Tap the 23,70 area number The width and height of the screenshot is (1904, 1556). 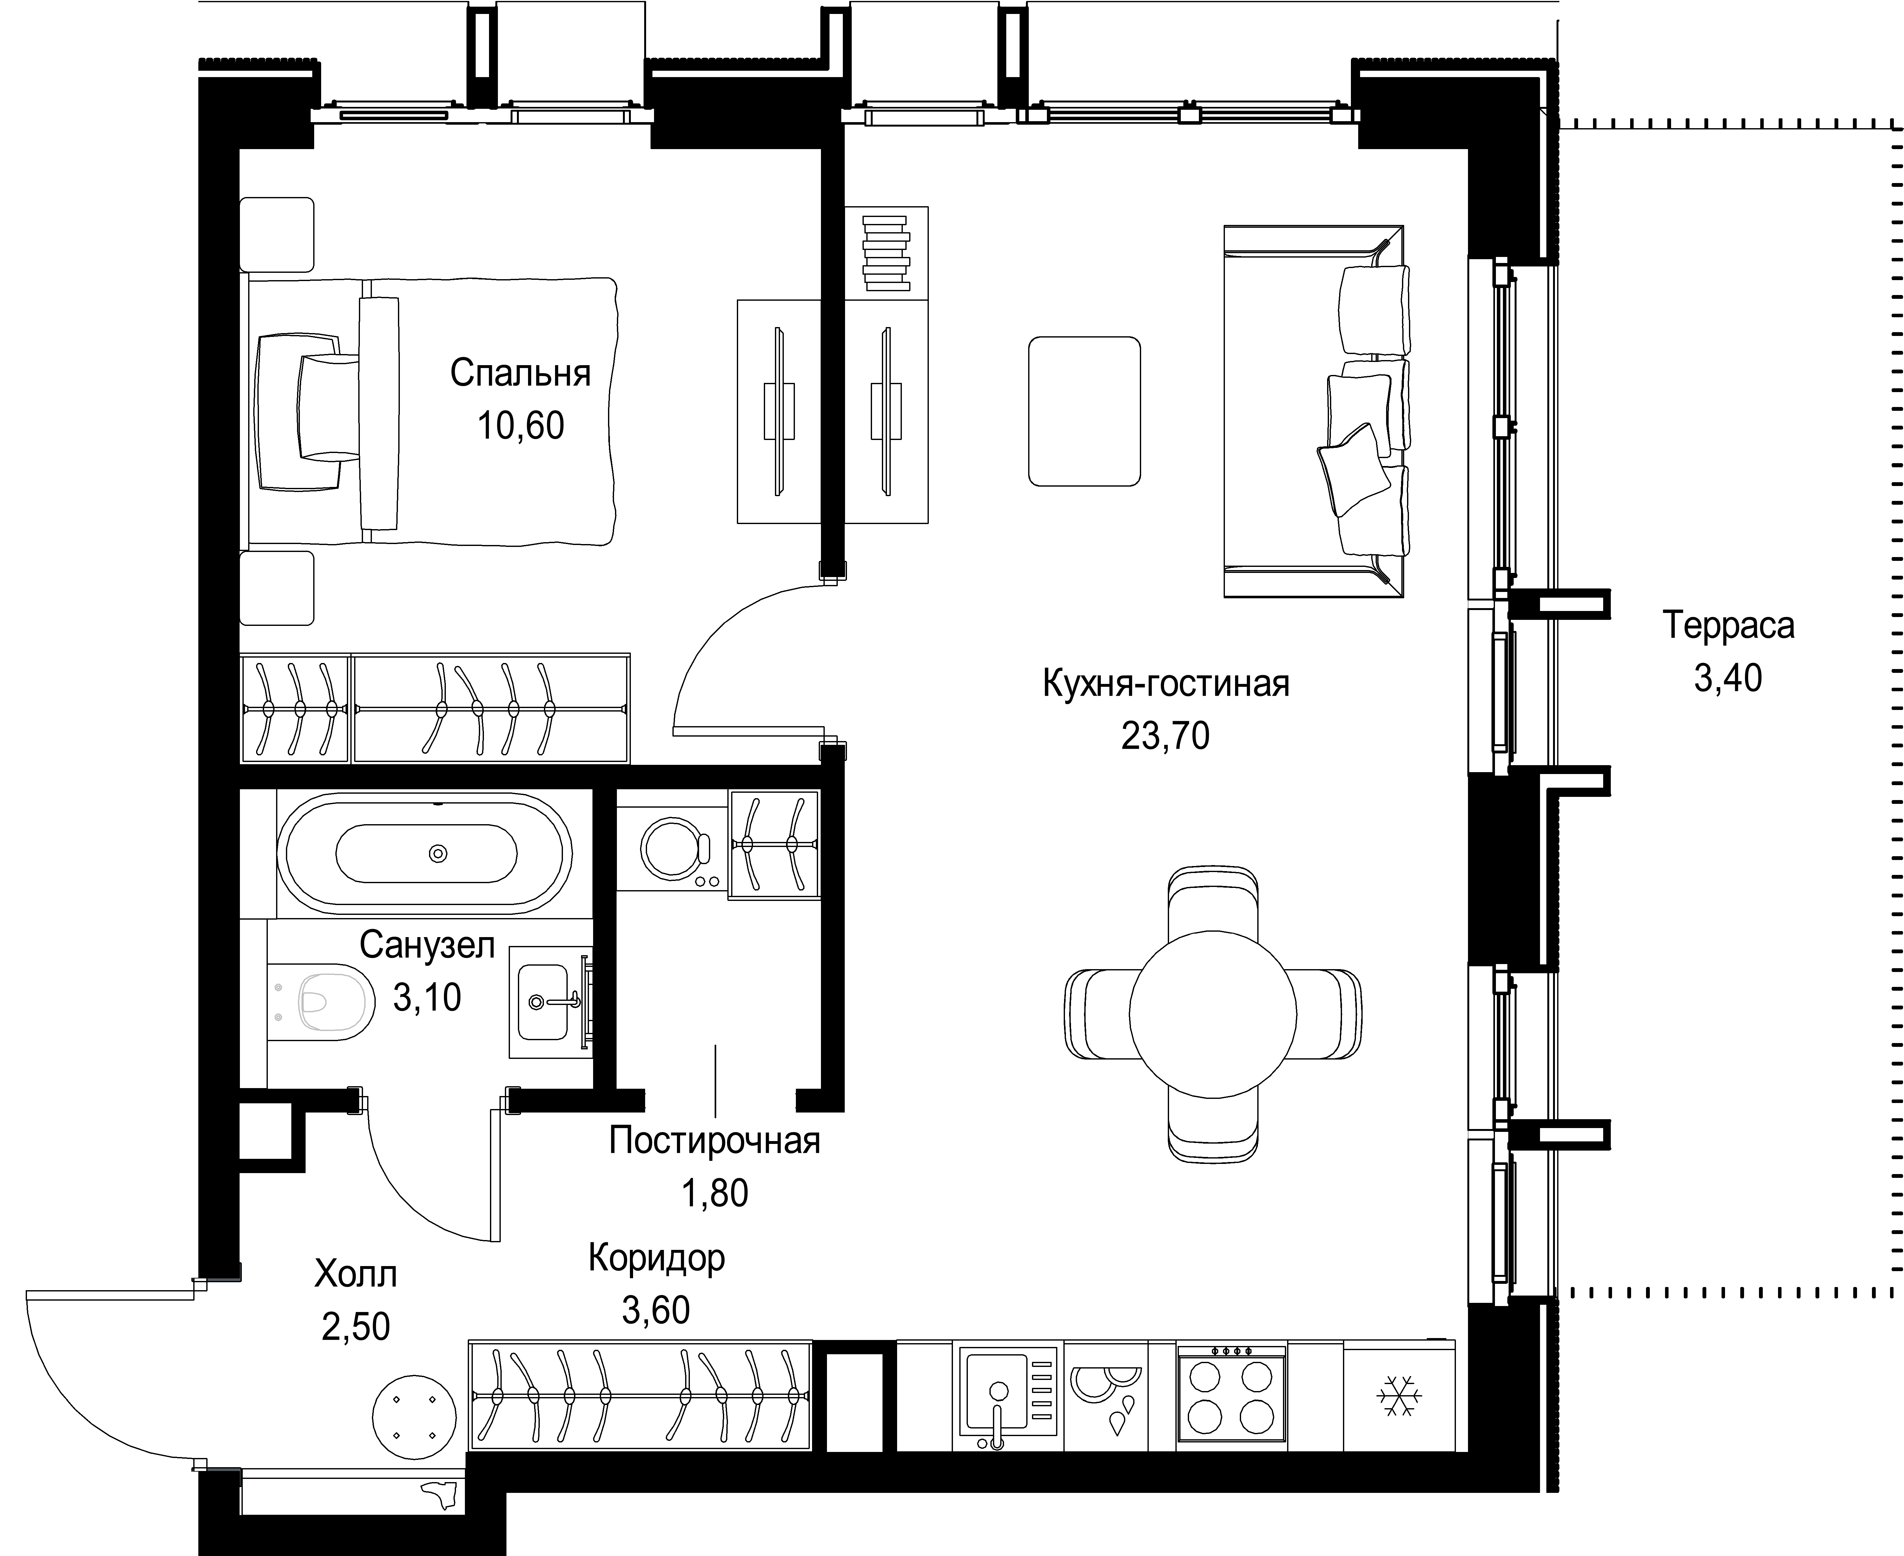click(x=1165, y=736)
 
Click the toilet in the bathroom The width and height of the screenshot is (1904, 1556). click(x=323, y=998)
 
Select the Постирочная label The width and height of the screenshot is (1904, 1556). click(x=714, y=1141)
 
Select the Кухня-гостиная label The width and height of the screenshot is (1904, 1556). click(x=1165, y=684)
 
